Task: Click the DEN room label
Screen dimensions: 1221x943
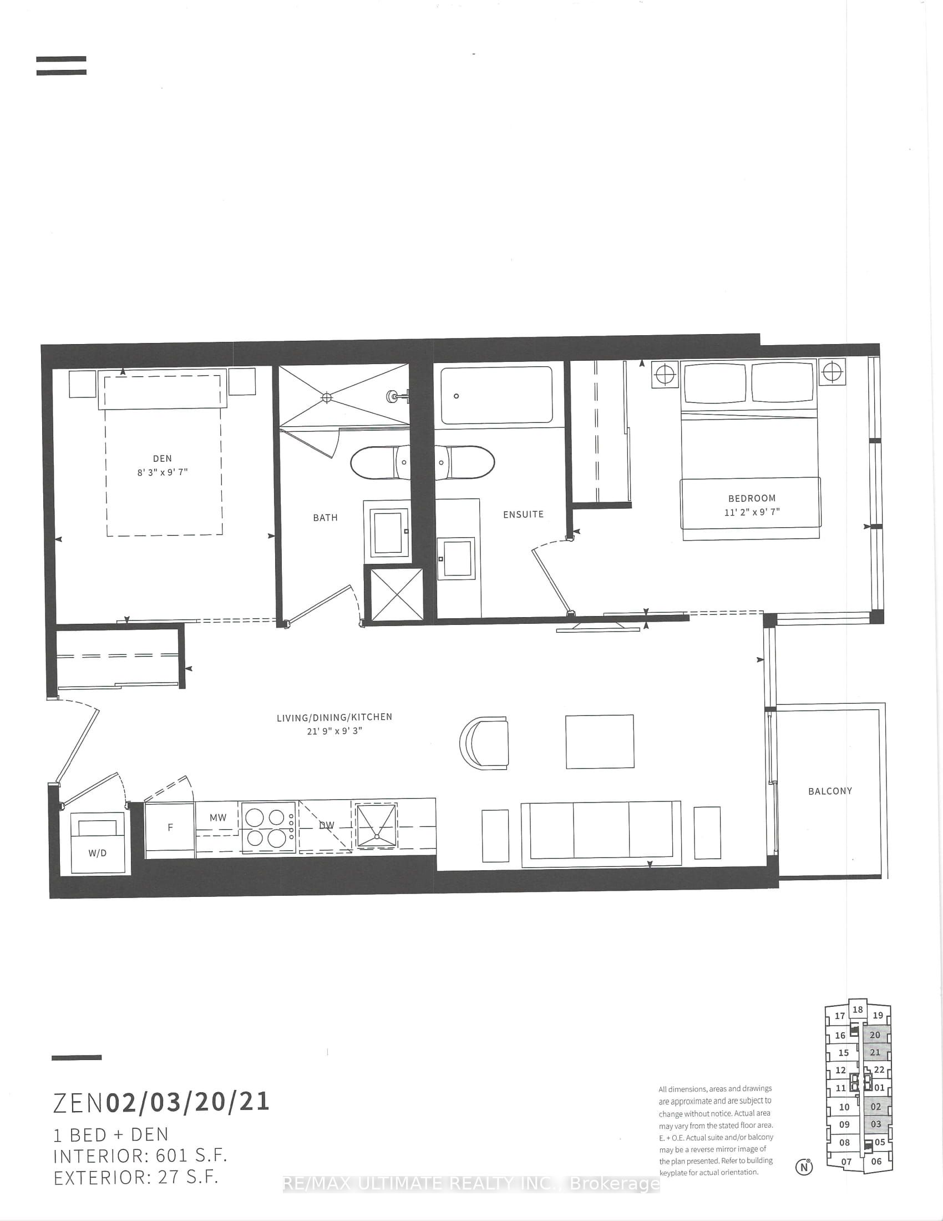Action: (162, 458)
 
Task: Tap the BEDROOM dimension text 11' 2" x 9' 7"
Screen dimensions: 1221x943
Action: (752, 512)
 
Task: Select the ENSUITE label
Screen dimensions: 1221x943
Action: (523, 514)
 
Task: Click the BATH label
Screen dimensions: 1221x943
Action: (325, 518)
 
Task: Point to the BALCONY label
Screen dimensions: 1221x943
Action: (830, 791)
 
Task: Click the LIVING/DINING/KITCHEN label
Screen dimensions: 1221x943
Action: (334, 717)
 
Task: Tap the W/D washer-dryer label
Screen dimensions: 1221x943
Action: (97, 853)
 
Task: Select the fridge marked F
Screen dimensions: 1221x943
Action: (170, 828)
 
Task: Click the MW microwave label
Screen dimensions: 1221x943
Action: (218, 818)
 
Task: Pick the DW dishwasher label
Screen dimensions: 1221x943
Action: (326, 825)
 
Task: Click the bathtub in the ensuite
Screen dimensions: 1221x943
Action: (496, 395)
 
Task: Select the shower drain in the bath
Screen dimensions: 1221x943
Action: (327, 397)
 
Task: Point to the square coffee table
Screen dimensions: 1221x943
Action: (600, 742)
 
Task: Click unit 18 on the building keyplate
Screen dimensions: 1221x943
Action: (858, 1010)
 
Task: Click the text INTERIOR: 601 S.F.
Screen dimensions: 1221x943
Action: (140, 1156)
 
